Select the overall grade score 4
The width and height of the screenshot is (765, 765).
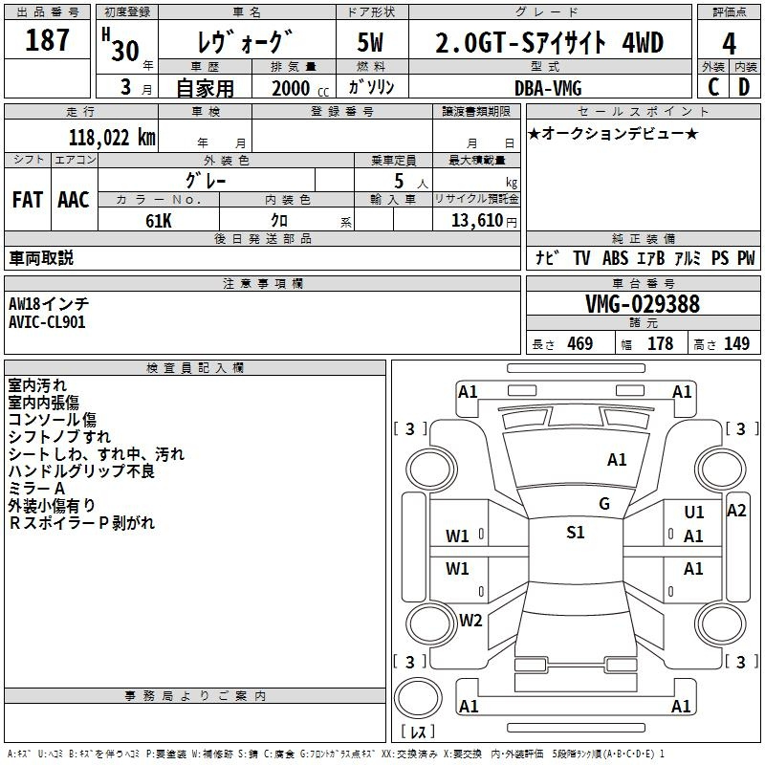(x=729, y=45)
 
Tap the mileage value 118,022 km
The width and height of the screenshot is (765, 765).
(x=112, y=137)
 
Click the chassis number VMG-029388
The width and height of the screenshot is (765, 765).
(x=642, y=304)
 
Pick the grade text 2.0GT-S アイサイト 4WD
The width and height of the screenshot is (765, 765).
(x=549, y=44)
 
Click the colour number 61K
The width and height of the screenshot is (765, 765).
(x=158, y=220)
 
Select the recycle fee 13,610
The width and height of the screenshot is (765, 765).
(x=474, y=220)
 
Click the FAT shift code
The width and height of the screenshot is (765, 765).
(x=27, y=199)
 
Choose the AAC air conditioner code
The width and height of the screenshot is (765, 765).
(x=74, y=199)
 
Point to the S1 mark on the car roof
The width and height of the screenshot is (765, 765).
(x=575, y=533)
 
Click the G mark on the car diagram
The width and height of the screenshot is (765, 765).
(x=603, y=504)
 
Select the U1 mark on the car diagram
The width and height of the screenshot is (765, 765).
(x=694, y=514)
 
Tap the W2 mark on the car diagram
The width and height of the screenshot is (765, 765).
(x=470, y=620)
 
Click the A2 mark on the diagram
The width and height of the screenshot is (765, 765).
(x=735, y=511)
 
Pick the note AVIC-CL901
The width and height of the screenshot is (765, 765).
(x=47, y=322)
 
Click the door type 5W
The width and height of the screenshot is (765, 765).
(x=372, y=44)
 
